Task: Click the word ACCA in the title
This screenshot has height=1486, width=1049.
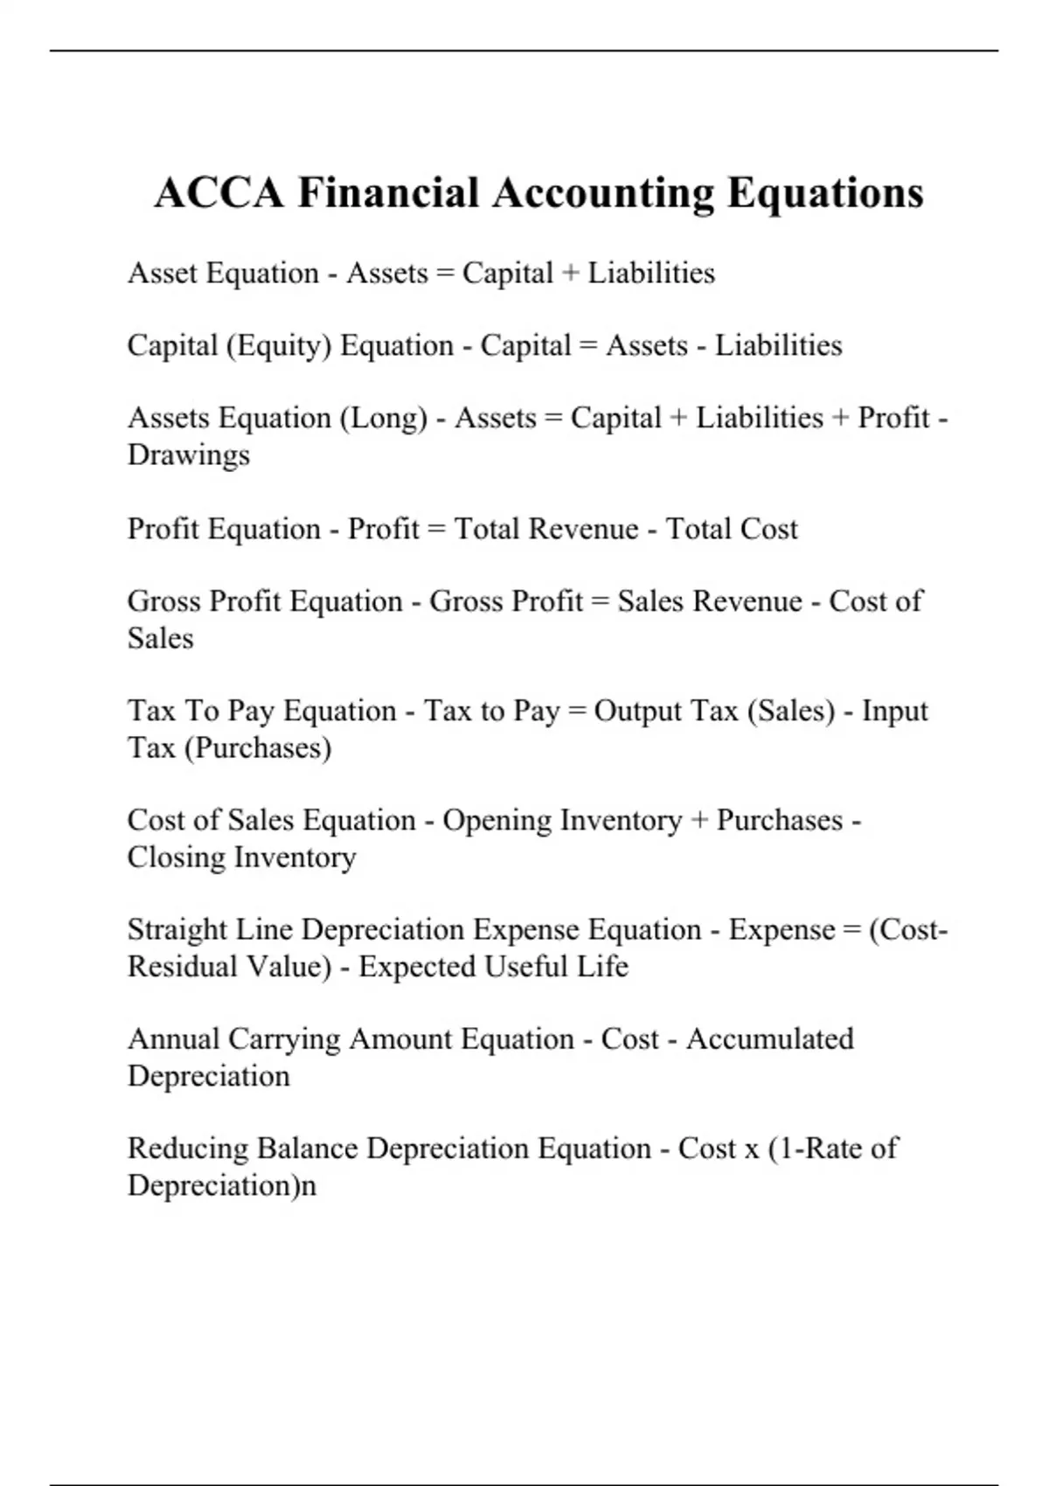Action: click(219, 193)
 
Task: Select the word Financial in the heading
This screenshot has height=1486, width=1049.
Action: click(388, 193)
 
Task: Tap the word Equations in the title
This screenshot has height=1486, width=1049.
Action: click(825, 193)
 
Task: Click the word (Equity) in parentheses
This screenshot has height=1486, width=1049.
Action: click(279, 346)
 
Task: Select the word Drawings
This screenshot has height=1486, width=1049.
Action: click(189, 455)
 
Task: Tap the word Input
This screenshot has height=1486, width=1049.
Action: click(894, 712)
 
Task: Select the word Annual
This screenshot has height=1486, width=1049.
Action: click(173, 1039)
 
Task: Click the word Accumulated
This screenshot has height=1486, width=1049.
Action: click(770, 1039)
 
